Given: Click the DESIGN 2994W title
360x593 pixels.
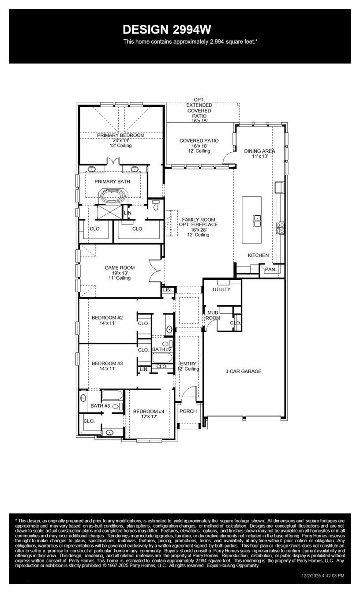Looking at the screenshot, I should pyautogui.click(x=167, y=30).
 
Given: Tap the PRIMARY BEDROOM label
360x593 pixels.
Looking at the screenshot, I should pyautogui.click(x=120, y=135).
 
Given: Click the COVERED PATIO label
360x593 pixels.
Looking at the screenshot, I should pyautogui.click(x=199, y=141).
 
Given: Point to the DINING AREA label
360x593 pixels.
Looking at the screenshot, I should pyautogui.click(x=259, y=151).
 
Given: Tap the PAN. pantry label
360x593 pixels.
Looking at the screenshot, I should pyautogui.click(x=270, y=269).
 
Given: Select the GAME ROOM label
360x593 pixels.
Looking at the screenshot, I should pyautogui.click(x=120, y=267).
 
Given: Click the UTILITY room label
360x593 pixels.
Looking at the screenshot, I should pyautogui.click(x=221, y=289).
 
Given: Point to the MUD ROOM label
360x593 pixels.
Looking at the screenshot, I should pyautogui.click(x=213, y=315).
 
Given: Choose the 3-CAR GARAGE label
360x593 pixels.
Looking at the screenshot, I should pyautogui.click(x=243, y=371).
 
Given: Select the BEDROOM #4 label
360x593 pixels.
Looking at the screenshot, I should pyautogui.click(x=149, y=411).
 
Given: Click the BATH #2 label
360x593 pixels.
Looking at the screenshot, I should pyautogui.click(x=162, y=349).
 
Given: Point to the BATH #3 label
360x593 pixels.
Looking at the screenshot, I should pyautogui.click(x=100, y=405).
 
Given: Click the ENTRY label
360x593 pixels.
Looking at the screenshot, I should pyautogui.click(x=188, y=364).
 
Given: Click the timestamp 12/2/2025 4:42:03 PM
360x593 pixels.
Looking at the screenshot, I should pyautogui.click(x=323, y=575).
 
